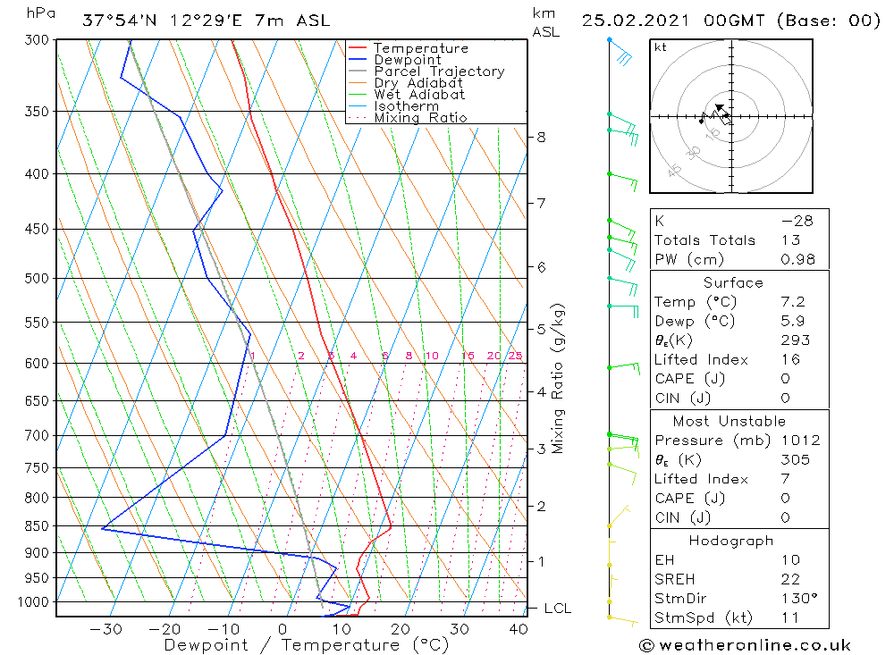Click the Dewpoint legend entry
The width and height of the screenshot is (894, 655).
click(407, 60)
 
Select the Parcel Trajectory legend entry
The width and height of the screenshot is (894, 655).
click(439, 71)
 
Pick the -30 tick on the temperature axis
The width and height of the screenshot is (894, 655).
click(105, 629)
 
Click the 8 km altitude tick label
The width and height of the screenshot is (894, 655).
click(541, 137)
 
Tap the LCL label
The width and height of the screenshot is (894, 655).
click(557, 609)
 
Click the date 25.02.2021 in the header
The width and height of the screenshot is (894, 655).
click(634, 21)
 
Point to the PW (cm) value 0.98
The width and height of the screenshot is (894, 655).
click(797, 260)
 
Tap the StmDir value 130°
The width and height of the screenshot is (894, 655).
click(796, 599)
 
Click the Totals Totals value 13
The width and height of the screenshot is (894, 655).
click(789, 240)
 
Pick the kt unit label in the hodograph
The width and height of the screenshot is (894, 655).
click(661, 47)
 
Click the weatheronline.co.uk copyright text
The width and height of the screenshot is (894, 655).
click(745, 645)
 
